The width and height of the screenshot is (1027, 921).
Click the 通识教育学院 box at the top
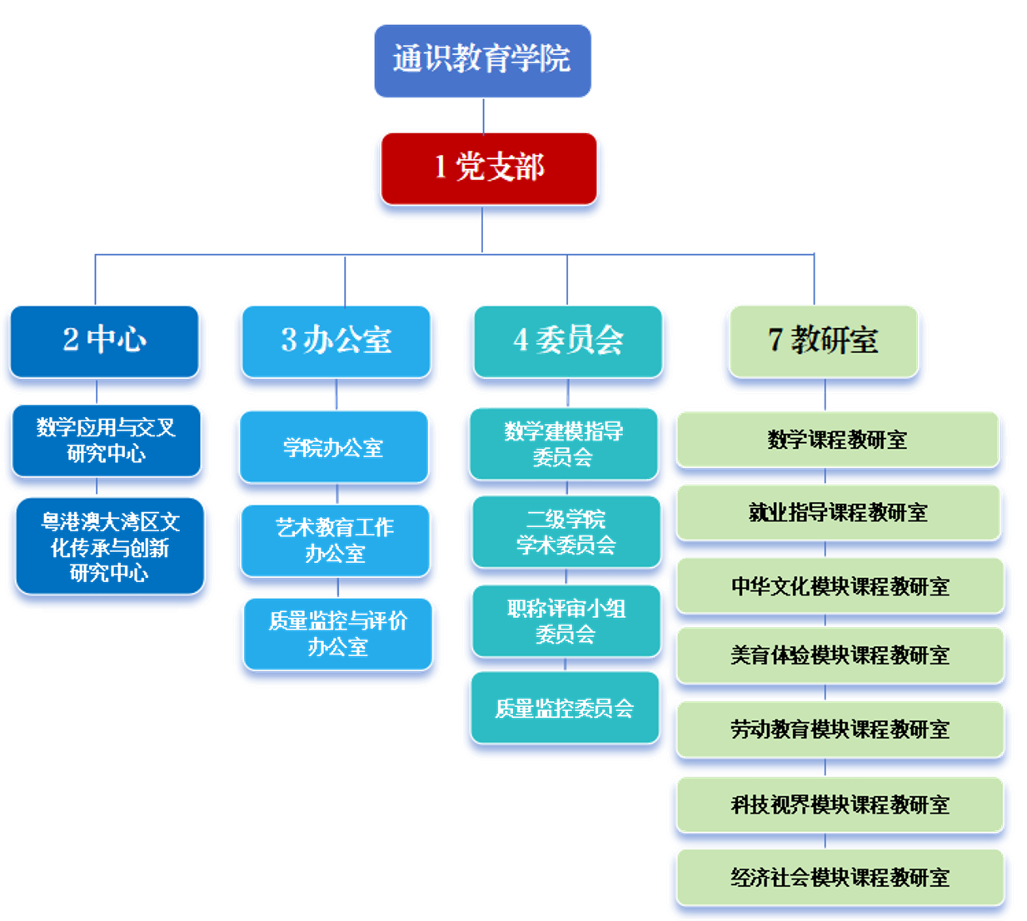482,60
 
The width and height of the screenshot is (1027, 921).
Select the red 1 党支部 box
489,167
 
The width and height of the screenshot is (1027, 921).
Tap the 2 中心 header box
104,340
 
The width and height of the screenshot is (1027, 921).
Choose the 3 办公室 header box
336,340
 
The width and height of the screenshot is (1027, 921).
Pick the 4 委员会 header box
567,340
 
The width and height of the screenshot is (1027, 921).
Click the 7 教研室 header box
823,340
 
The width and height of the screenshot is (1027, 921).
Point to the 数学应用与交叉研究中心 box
106,440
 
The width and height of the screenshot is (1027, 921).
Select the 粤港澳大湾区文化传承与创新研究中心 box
109,546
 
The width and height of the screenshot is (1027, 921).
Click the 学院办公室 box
333,447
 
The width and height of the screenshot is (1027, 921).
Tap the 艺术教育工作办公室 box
335,540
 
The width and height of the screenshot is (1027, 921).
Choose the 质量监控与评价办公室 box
337,633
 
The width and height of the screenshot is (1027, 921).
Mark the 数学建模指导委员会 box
564,443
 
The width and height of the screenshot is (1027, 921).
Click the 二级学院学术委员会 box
566,532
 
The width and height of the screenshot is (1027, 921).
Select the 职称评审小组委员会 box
566,621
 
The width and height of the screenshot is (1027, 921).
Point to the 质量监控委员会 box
564,708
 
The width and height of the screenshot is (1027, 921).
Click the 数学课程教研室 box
837,439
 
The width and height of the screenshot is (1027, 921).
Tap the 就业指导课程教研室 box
838,512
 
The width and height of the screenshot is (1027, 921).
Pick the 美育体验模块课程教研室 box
840,655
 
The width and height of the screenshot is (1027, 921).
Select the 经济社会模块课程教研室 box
840,877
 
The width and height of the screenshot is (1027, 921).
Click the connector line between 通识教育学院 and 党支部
484,115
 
